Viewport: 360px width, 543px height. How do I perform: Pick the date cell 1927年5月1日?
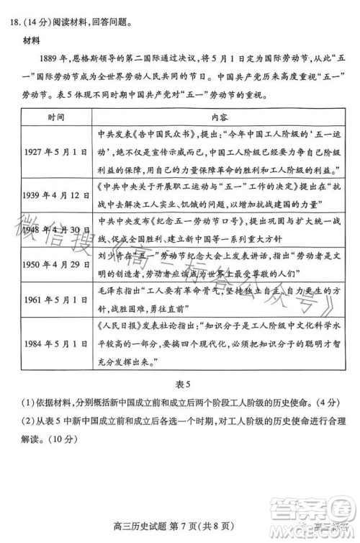pos(56,153)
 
